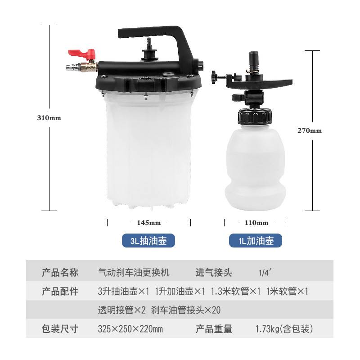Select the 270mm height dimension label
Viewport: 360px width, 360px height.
click(x=310, y=131)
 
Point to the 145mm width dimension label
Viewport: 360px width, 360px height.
click(x=149, y=222)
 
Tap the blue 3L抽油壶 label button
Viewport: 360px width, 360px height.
click(x=148, y=241)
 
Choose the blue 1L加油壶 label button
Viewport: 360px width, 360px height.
click(x=256, y=241)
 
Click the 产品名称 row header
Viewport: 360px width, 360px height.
click(x=60, y=272)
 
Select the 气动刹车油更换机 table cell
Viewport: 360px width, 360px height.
click(x=134, y=272)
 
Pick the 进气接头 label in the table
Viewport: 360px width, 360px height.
click(x=214, y=272)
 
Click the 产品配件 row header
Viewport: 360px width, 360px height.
click(x=60, y=291)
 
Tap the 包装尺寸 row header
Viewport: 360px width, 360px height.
click(x=60, y=329)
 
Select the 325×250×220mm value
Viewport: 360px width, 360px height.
click(x=130, y=329)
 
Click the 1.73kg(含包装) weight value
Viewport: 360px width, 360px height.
click(x=284, y=329)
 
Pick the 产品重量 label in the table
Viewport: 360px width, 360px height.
click(x=214, y=329)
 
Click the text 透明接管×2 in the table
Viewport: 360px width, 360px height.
click(x=121, y=310)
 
